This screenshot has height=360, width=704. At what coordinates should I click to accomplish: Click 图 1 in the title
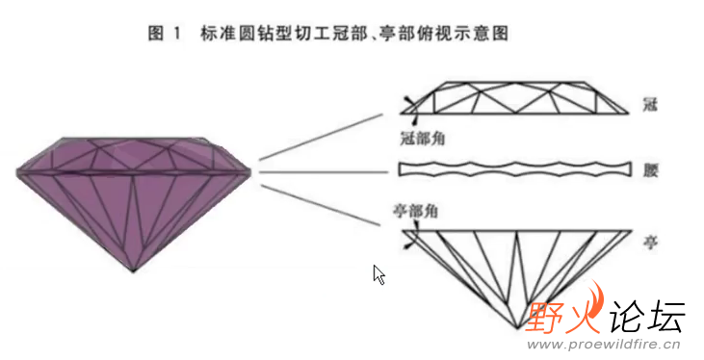click(x=165, y=34)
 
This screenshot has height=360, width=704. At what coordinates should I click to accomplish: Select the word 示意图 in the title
click(x=479, y=34)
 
